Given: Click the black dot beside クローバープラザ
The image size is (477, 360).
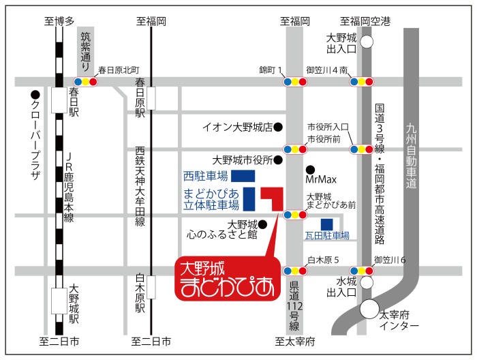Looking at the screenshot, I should pyautogui.click(x=34, y=95).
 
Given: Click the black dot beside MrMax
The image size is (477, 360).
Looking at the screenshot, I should pyautogui.click(x=310, y=170).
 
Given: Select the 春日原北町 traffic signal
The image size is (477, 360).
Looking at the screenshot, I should pyautogui.click(x=86, y=82).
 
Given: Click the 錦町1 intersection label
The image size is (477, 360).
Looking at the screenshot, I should pyautogui.click(x=271, y=70).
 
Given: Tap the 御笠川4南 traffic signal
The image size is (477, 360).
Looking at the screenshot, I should pyautogui.click(x=360, y=82).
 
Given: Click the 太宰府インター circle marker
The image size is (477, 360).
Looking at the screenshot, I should pyautogui.click(x=369, y=309).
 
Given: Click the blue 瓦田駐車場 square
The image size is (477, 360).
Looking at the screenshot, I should pyautogui.click(x=327, y=224).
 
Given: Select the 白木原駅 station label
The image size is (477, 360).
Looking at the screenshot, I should pyautogui.click(x=140, y=293).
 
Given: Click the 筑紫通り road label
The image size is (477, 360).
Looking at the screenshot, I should pyautogui.click(x=86, y=50).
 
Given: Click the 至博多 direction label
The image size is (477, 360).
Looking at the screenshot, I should pyautogui.click(x=59, y=22).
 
